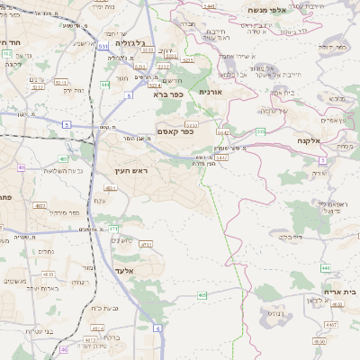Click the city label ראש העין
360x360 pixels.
[x=130, y=170]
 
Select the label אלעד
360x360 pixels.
[x=125, y=270]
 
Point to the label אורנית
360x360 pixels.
[x=210, y=92]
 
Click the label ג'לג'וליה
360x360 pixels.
[x=138, y=42]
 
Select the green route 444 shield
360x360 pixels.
[x=105, y=85]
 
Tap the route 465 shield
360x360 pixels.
[x=202, y=294]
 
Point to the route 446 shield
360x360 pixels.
[x=325, y=267]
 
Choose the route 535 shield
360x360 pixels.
[x=260, y=131]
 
